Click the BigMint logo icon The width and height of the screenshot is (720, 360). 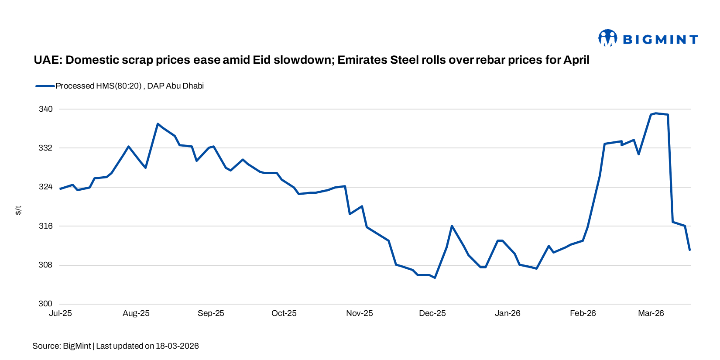[607, 38]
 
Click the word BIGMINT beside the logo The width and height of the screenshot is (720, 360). [660, 40]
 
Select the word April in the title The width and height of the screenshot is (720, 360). [576, 60]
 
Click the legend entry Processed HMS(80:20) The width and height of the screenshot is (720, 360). [99, 86]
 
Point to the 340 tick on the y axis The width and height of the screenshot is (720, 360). [46, 109]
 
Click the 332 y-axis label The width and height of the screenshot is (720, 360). [46, 148]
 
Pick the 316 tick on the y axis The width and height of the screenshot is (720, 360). [46, 226]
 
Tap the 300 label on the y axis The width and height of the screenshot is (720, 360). [46, 304]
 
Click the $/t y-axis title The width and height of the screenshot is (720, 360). [18, 210]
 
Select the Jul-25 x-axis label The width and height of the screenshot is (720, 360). [60, 313]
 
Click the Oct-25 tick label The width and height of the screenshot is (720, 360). [284, 313]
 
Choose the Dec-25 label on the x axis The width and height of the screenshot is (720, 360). [432, 313]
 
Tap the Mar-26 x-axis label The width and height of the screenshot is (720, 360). [651, 313]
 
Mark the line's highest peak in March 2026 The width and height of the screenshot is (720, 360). [656, 113]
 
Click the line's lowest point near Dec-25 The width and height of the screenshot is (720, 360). [435, 278]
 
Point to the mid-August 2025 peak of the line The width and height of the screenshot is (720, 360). [158, 124]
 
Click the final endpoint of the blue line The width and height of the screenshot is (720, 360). [690, 250]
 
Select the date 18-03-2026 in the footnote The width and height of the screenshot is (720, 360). [177, 346]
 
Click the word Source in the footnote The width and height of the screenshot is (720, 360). [46, 346]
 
